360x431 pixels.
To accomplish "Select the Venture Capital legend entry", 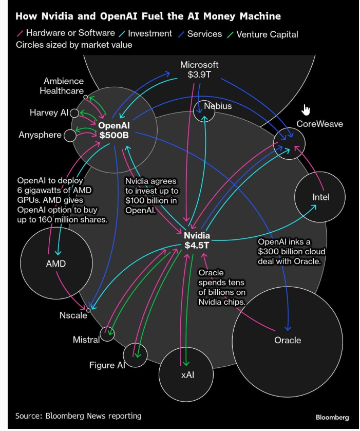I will click(x=267, y=34).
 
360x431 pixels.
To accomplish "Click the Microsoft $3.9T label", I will click(x=199, y=69).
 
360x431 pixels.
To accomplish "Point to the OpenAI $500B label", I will click(x=113, y=130).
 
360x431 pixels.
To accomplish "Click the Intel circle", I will click(x=321, y=197).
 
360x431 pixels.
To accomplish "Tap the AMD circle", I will click(x=55, y=264).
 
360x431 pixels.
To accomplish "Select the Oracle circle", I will click(x=287, y=340).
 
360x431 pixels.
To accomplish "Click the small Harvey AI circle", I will click(x=74, y=113).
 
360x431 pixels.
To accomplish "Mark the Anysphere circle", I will click(x=70, y=136).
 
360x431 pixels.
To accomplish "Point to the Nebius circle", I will click(x=204, y=110).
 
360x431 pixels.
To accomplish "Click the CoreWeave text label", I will click(x=319, y=124).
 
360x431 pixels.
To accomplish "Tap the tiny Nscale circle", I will click(x=88, y=310).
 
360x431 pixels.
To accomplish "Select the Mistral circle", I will click(x=107, y=334).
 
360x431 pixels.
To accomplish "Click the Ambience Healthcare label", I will click(x=63, y=86).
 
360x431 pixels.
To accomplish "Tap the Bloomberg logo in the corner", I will click(x=332, y=417).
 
